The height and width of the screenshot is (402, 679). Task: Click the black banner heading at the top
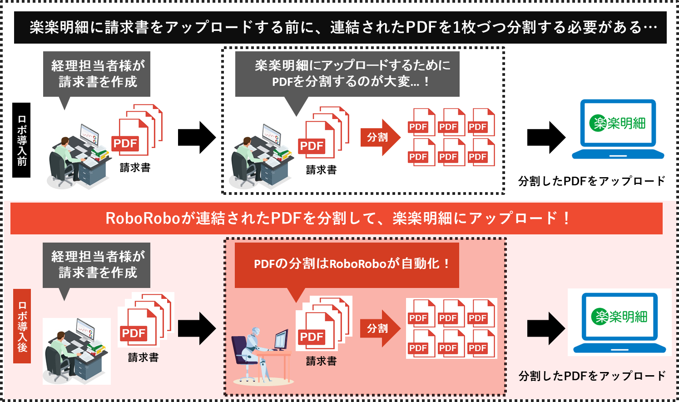point(341,28)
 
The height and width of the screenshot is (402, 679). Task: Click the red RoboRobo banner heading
point(336,218)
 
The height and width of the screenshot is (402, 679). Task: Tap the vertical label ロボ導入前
point(22,141)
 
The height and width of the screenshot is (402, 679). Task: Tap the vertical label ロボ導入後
point(22,326)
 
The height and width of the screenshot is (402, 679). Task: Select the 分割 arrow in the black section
point(380,137)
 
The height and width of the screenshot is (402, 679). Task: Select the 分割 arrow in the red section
point(380,328)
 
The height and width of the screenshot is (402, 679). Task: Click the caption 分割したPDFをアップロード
point(592,376)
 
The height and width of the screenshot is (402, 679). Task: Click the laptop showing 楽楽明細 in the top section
point(618,129)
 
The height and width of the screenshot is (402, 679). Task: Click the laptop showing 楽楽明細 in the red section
point(620,322)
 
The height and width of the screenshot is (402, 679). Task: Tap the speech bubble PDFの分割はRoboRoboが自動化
point(347,264)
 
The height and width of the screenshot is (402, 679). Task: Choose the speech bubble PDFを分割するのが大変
point(347,74)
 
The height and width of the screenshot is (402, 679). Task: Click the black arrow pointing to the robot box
point(197,328)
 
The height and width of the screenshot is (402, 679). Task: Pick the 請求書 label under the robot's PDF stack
point(321,361)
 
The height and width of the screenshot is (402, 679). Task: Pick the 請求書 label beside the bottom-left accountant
point(143,358)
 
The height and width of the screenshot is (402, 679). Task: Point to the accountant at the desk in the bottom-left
point(76,351)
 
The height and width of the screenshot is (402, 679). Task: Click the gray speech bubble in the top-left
point(97,74)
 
